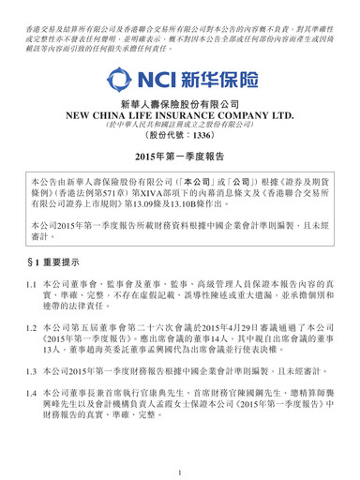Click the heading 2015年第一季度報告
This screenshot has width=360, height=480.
tap(180, 183)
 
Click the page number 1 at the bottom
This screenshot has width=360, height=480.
tap(180, 460)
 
